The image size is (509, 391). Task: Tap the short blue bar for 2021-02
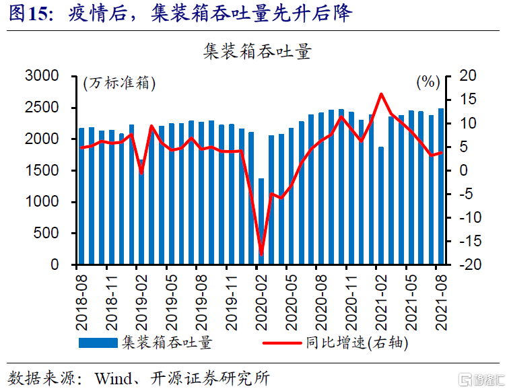tap(381, 205)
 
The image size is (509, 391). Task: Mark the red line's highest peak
tap(381, 94)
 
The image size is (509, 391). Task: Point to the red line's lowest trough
tap(261, 255)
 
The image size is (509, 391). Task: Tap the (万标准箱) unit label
tap(119, 84)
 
